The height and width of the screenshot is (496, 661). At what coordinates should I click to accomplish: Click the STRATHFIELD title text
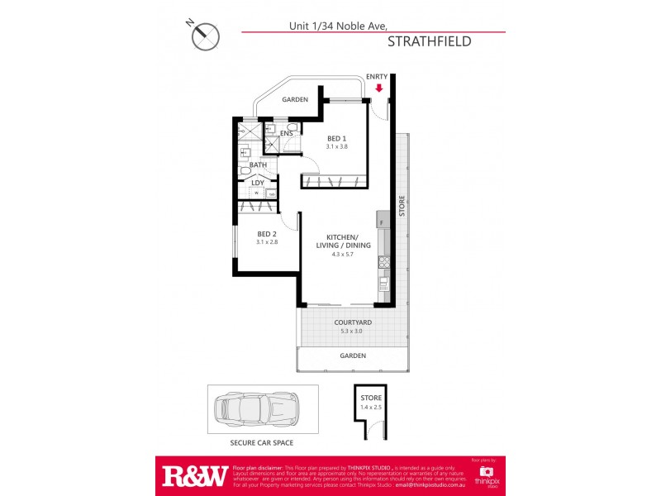429,41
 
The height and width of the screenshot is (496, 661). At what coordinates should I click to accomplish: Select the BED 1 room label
335,139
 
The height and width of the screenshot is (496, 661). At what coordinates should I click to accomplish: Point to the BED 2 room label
265,234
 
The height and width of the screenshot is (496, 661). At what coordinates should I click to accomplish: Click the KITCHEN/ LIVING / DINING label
344,241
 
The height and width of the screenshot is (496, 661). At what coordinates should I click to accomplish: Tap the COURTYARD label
352,322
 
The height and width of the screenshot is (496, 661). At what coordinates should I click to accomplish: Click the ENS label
287,133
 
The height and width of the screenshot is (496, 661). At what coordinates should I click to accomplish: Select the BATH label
258,165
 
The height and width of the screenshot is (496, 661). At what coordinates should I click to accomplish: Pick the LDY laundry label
257,183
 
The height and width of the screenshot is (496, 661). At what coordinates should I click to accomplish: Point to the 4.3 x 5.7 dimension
344,255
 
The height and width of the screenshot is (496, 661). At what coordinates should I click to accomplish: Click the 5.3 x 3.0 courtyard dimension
352,331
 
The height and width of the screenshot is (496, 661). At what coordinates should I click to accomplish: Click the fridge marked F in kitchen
382,222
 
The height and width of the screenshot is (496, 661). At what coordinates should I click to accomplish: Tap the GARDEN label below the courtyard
353,356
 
